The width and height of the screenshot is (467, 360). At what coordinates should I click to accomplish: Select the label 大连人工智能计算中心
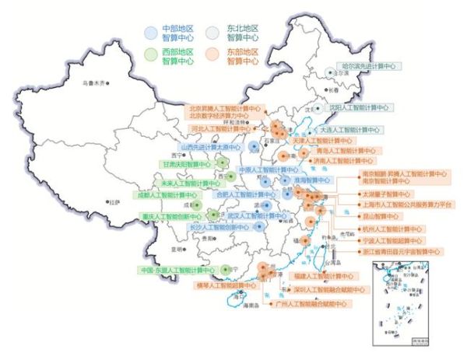[x=350, y=130]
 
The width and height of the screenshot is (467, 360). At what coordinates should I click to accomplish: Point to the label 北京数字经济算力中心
[x=222, y=116]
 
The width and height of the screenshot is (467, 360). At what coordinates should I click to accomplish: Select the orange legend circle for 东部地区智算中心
[x=214, y=54]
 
